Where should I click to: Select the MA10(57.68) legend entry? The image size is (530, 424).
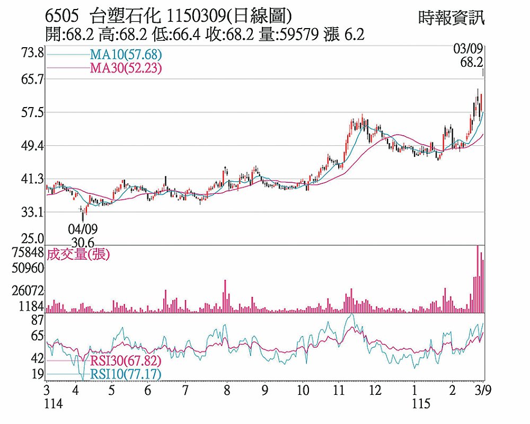tap(125, 55)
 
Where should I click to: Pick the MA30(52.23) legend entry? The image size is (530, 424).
tap(125, 68)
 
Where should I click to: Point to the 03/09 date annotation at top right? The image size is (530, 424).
tap(468, 50)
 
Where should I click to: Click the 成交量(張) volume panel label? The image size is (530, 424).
tap(78, 254)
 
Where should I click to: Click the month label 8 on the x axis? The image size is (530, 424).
tap(227, 391)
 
